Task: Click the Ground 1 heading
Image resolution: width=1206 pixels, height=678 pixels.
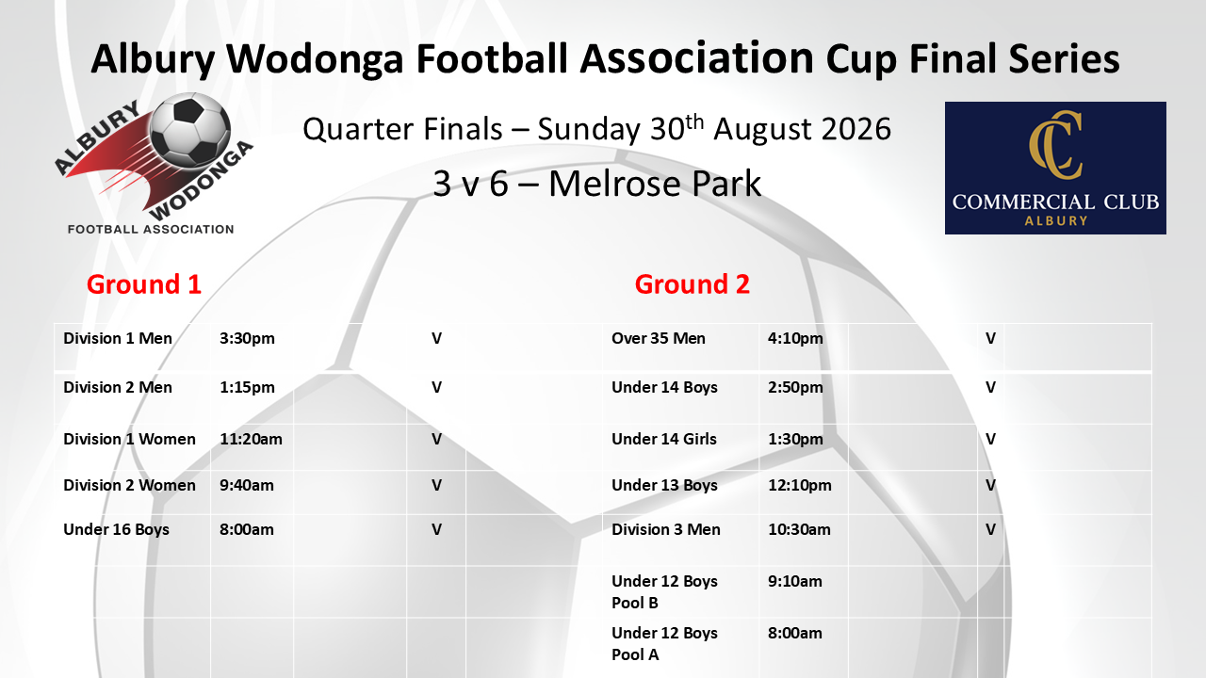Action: (144, 284)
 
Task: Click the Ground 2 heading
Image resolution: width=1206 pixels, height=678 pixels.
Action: (693, 284)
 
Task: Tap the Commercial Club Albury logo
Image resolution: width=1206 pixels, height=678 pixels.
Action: (1055, 168)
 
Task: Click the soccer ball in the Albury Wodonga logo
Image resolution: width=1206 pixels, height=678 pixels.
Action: (189, 130)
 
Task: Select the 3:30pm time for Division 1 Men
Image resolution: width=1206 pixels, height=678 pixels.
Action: (247, 338)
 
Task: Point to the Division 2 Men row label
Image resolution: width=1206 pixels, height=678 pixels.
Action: (118, 387)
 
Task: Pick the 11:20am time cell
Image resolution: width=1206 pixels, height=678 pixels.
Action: (251, 439)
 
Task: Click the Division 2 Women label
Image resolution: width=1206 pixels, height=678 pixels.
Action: (129, 485)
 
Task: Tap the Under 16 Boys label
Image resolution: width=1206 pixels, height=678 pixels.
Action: (116, 529)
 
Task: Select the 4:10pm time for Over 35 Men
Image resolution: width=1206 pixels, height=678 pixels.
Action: (795, 338)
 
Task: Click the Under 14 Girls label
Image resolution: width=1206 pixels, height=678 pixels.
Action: (664, 439)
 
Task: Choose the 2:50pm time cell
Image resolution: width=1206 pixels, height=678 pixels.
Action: (795, 387)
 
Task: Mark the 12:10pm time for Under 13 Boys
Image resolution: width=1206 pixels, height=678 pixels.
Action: (800, 485)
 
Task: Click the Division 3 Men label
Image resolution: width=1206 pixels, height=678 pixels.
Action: (665, 529)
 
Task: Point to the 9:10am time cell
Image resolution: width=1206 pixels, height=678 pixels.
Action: (794, 581)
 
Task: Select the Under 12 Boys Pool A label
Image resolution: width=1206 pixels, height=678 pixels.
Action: (664, 643)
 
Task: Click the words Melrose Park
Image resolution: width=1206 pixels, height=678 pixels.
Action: (655, 184)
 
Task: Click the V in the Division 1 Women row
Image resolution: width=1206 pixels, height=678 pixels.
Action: (436, 439)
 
